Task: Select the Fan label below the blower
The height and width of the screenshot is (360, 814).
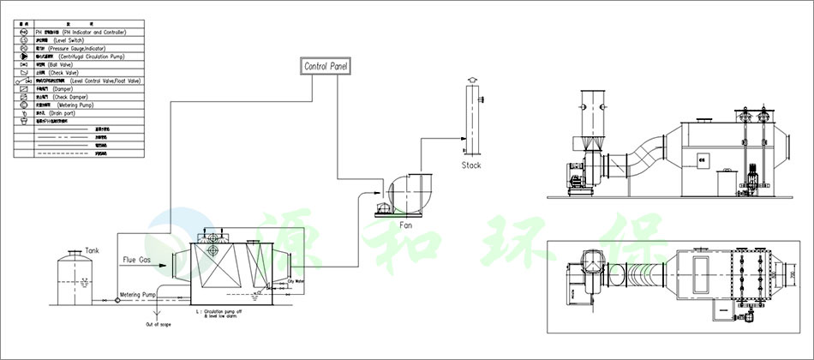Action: [406, 225]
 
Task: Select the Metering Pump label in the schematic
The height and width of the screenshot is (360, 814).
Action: [136, 294]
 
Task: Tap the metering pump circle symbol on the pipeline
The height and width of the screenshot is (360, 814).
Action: [117, 300]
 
